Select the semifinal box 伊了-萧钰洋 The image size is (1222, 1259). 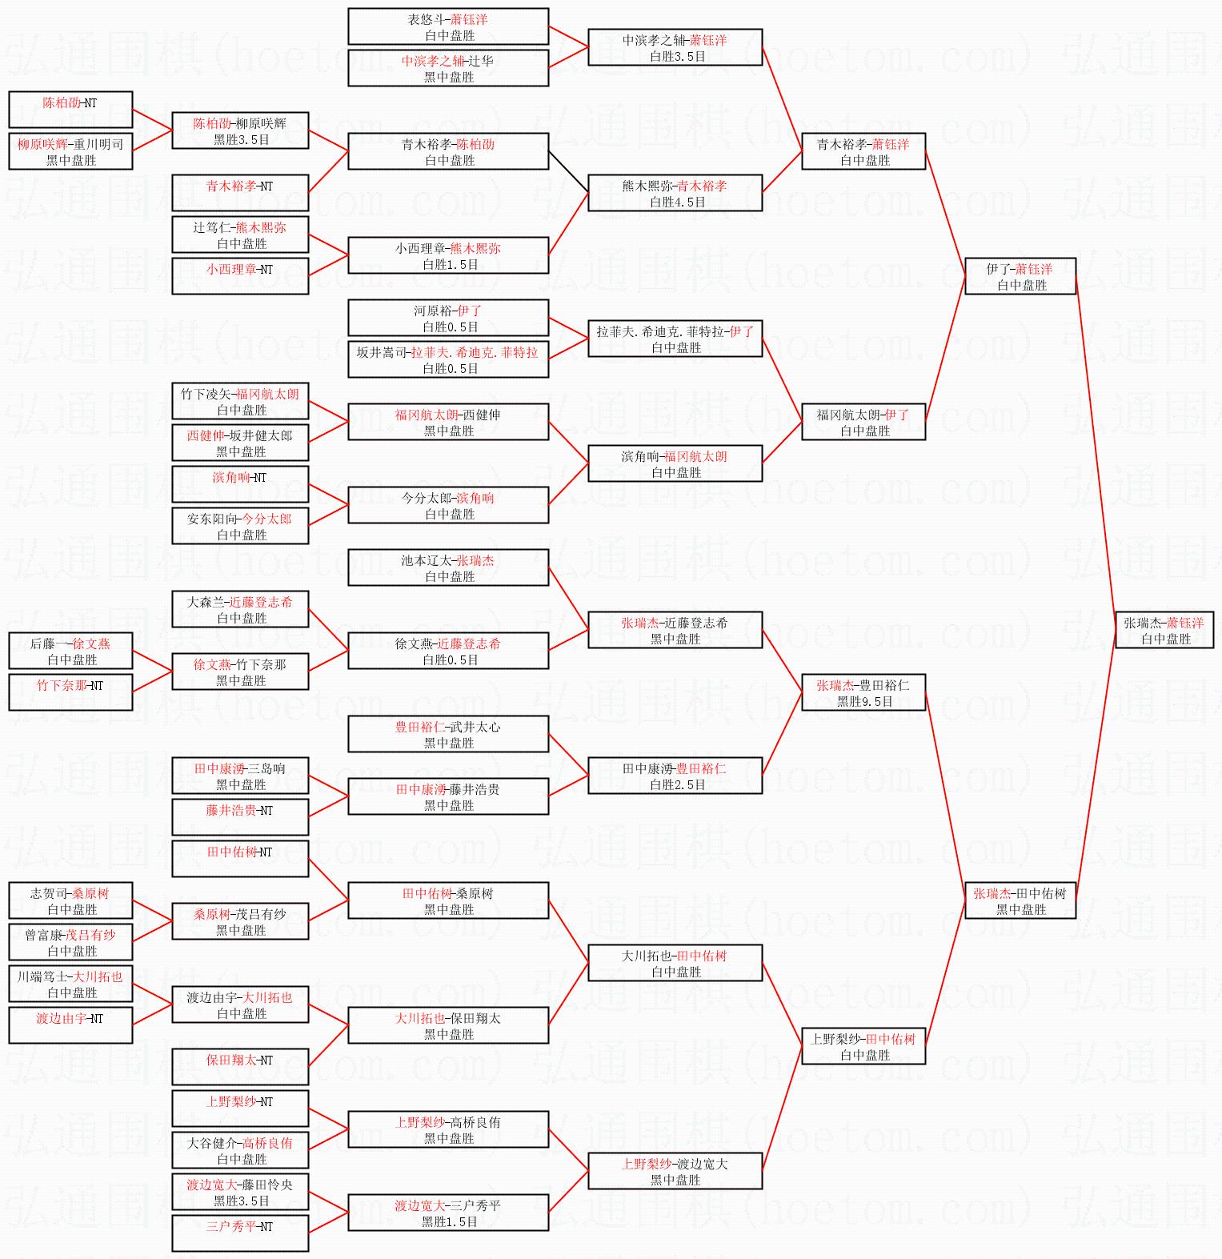(1020, 276)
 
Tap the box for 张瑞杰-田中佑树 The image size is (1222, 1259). (1020, 900)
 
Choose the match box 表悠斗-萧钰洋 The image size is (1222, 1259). (448, 26)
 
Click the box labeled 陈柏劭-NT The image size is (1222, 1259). (70, 110)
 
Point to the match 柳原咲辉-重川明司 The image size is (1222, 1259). (70, 151)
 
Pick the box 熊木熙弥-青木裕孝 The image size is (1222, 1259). (675, 193)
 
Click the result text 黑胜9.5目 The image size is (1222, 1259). (864, 702)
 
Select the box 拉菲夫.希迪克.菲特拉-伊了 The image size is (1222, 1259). (675, 339)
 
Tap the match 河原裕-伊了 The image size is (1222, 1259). (448, 318)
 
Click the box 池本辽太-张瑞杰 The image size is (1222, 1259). (448, 567)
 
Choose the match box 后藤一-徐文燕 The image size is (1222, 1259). (70, 651)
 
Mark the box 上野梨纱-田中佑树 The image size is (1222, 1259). (863, 1046)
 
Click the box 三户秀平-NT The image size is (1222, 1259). (240, 1233)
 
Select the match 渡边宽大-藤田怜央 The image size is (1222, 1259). (240, 1192)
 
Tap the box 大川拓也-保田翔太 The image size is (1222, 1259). (448, 1025)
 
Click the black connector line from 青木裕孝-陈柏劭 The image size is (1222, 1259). (568, 171)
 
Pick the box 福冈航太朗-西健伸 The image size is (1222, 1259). (448, 422)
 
